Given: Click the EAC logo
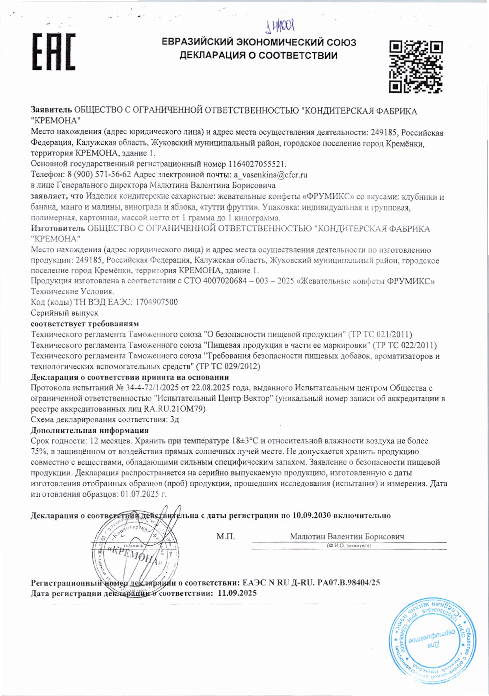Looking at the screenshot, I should pyautogui.click(x=54, y=52).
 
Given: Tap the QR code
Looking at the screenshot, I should pyautogui.click(x=416, y=66).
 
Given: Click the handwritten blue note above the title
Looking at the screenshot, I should pyautogui.click(x=281, y=26).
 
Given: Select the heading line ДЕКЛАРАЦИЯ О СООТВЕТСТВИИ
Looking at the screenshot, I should pyautogui.click(x=258, y=55).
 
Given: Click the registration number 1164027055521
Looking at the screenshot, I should pyautogui.click(x=257, y=164).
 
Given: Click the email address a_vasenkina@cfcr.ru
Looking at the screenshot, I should pyautogui.click(x=270, y=174).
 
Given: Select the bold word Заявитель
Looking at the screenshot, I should pyautogui.click(x=51, y=111).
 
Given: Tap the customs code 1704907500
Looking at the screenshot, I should pyautogui.click(x=156, y=302).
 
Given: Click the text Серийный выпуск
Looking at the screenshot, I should pyautogui.click(x=64, y=313).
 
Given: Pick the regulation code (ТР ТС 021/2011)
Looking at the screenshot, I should pyautogui.click(x=380, y=335).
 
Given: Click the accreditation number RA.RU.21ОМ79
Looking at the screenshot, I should pyautogui.click(x=175, y=409).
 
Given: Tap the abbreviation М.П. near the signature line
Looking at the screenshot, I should pyautogui.click(x=225, y=537).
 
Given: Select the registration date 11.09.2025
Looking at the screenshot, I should pyautogui.click(x=237, y=593).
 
